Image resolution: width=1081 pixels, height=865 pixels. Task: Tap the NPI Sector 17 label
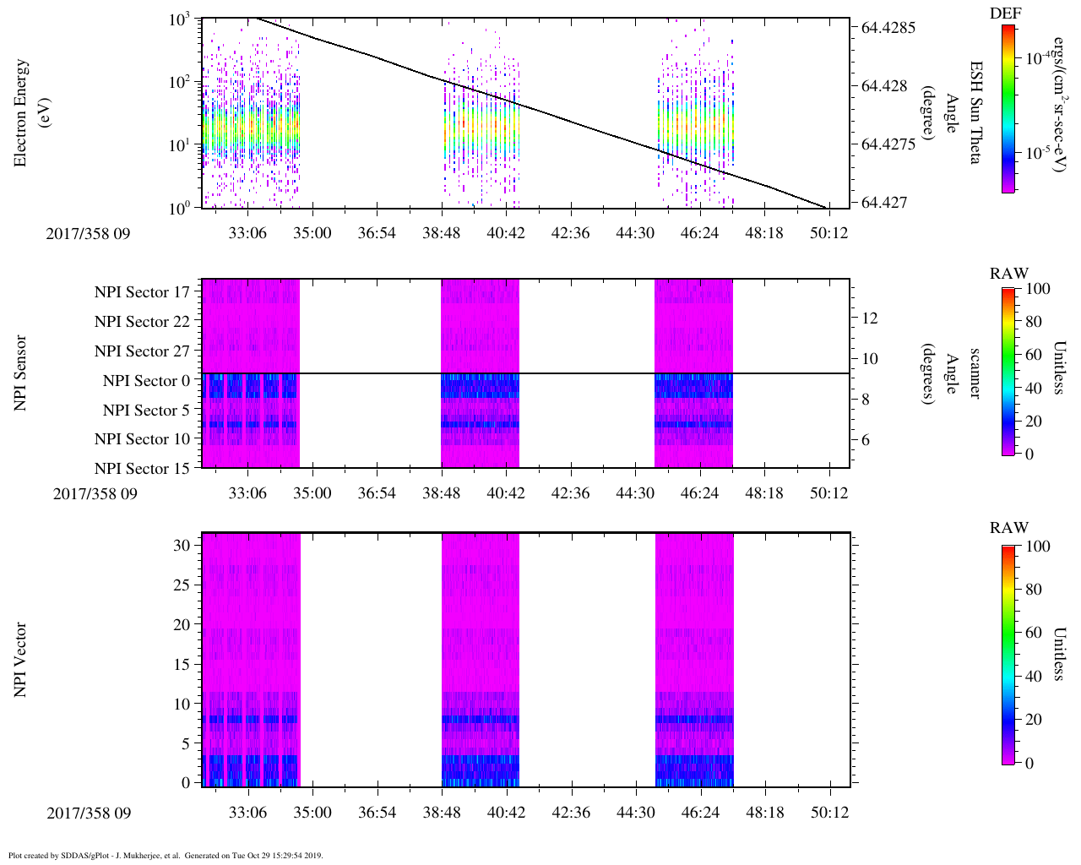coord(142,292)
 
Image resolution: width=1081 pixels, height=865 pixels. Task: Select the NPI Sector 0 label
coord(146,381)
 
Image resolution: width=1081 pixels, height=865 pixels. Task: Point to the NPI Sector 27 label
coord(142,351)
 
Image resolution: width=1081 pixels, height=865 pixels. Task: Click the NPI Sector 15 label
coord(142,469)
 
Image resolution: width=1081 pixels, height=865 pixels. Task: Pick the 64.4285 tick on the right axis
coord(888,27)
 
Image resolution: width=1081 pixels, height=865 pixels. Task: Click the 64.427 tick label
coord(884,203)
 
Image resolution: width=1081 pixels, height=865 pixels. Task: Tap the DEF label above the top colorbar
coord(1005,14)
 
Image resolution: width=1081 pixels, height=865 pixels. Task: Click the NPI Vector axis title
coord(20,660)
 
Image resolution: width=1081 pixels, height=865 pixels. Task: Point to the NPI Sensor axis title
coord(20,373)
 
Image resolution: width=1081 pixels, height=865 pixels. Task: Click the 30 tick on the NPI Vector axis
coord(182,546)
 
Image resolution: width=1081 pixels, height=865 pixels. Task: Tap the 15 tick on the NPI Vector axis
coord(182,665)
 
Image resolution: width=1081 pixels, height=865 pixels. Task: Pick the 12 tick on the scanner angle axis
coord(870,318)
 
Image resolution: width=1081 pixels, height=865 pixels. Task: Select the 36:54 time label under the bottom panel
coord(377,813)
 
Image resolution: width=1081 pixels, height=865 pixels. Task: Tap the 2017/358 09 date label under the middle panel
coord(95,494)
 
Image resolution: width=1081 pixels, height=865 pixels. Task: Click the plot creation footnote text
coord(166,856)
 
